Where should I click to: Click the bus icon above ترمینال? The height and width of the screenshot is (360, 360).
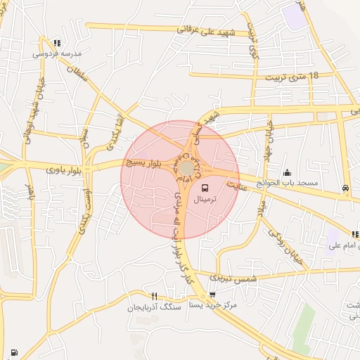pos(205,188)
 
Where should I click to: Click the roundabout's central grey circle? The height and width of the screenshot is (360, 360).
pos(186,169)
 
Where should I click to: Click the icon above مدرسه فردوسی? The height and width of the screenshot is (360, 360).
pos(56,42)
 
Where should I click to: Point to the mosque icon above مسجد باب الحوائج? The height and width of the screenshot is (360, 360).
pos(287,172)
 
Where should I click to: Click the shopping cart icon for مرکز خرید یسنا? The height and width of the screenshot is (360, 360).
pos(212,295)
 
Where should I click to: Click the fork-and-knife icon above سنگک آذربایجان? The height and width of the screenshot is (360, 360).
pos(155,296)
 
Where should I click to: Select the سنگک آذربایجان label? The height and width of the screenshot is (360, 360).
pos(154,307)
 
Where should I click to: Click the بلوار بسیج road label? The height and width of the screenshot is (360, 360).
pos(143,162)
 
